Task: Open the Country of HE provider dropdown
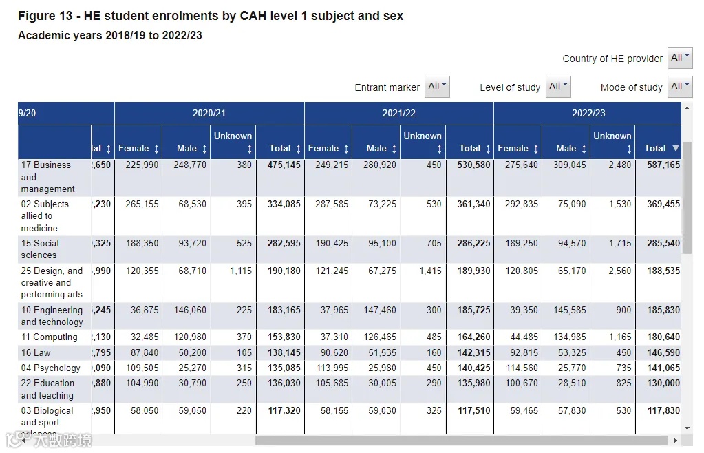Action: coord(680,58)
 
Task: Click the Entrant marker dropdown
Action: coord(437,87)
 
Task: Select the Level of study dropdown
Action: coord(558,87)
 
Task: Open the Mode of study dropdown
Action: coord(680,87)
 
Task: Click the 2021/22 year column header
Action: coord(399,113)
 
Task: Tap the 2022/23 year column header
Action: coord(588,113)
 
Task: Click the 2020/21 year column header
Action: coord(209,113)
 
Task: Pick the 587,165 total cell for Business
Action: coord(663,165)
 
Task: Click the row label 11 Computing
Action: coord(50,337)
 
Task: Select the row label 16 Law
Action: coord(36,352)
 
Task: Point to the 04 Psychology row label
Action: coord(51,368)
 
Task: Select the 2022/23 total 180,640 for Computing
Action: coord(663,337)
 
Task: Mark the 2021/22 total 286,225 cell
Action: coord(473,244)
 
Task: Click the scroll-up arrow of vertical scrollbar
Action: coord(687,108)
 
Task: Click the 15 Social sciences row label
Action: coord(40,249)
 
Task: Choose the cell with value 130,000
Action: coord(663,383)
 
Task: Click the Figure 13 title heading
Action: coord(211,16)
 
